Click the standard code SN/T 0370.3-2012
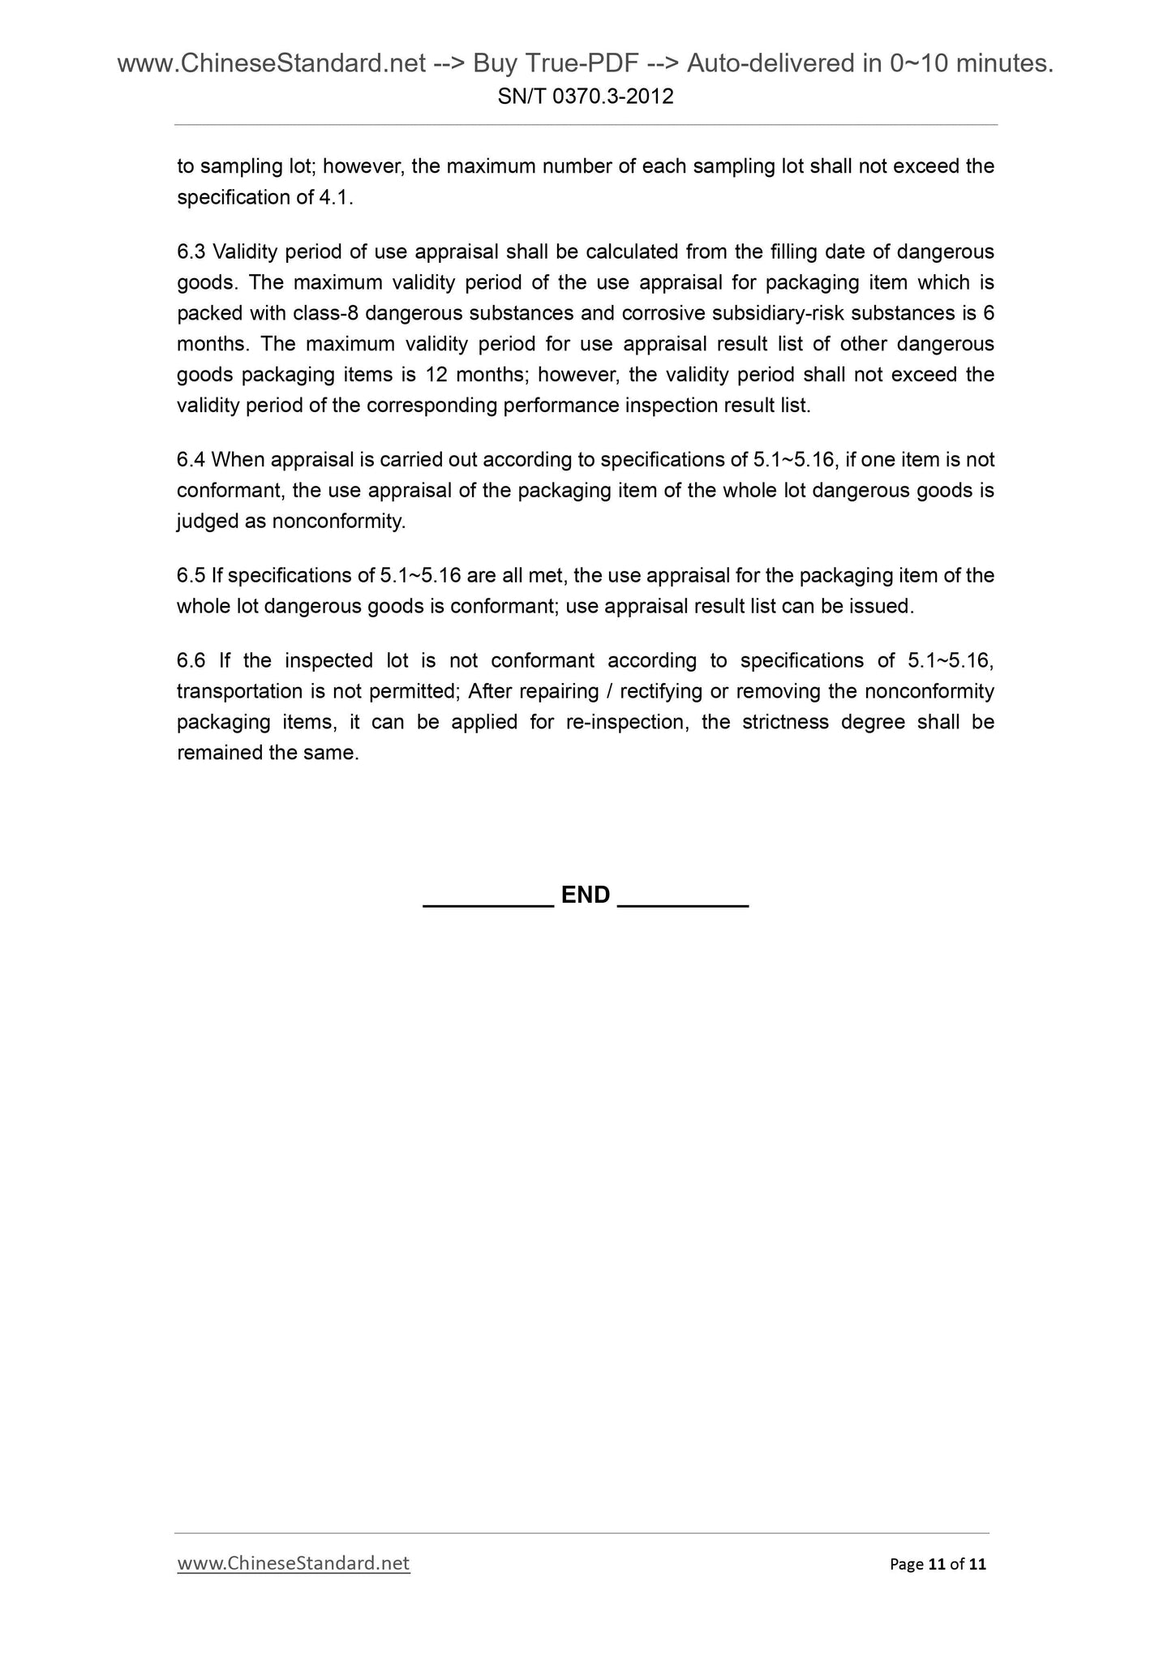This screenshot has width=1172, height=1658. tap(586, 97)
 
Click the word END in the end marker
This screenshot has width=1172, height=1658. tap(586, 895)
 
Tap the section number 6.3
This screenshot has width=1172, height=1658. tap(191, 252)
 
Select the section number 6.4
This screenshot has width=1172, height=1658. tap(191, 461)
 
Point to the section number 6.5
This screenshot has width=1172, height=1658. tap(191, 576)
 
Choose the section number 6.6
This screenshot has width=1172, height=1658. tap(191, 661)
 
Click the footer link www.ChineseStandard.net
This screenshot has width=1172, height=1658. tap(294, 1563)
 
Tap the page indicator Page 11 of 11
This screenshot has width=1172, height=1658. tap(938, 1564)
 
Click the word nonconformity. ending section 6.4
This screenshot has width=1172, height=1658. tap(338, 522)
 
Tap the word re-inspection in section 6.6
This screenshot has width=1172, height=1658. tap(626, 723)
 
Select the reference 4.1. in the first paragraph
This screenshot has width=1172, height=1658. tap(337, 198)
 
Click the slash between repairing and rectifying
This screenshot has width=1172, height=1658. tap(609, 692)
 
